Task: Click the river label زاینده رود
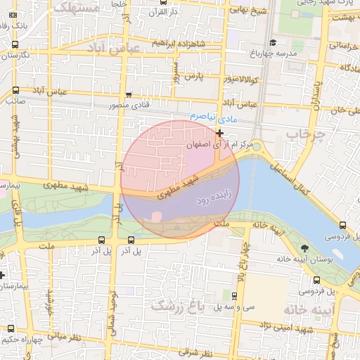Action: pos(212,200)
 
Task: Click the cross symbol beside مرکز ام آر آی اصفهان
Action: pos(220,132)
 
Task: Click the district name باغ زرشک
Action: pos(176,306)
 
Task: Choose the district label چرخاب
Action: pos(306,134)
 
